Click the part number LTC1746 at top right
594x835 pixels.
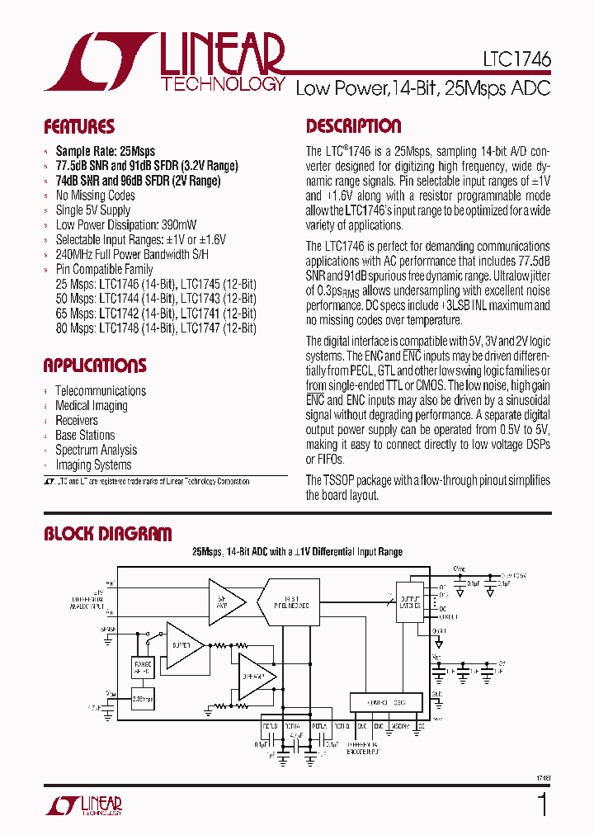click(517, 60)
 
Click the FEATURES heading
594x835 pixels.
click(79, 127)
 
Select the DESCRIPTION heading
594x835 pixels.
click(354, 126)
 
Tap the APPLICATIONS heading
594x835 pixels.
click(95, 366)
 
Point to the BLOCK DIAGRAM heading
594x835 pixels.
click(108, 534)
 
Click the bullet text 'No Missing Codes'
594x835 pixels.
click(95, 196)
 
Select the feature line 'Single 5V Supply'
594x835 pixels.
click(93, 210)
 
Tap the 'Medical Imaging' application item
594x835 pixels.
click(92, 406)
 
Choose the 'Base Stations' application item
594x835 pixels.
click(85, 436)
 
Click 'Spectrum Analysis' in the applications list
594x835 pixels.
click(96, 451)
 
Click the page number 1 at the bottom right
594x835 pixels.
click(542, 805)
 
